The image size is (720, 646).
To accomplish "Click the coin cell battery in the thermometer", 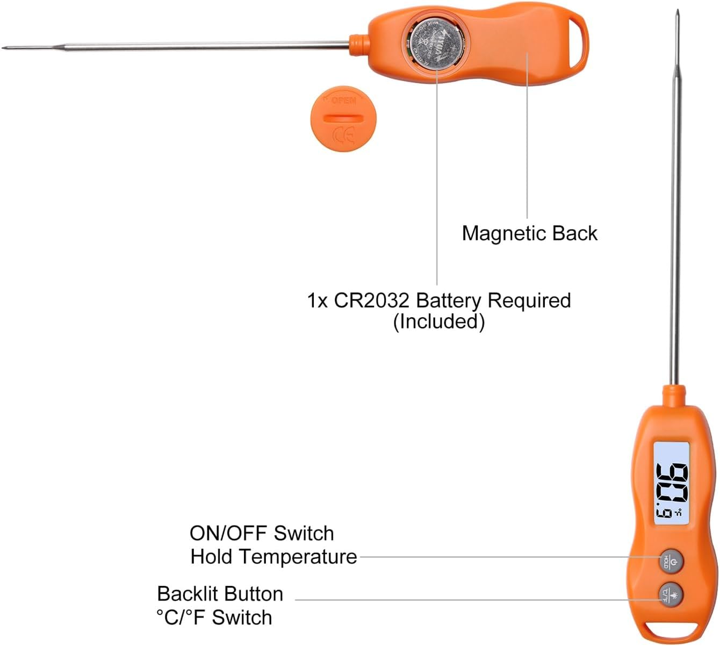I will coord(436,43).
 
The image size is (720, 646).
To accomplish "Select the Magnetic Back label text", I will coord(529,233).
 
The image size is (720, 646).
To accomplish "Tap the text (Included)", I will coord(438,321).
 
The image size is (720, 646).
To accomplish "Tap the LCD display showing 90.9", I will coord(672,483).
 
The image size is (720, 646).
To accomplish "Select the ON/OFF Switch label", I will coord(262,533).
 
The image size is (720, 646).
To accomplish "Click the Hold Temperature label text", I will coord(273,557).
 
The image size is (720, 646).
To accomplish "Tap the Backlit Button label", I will coord(220,594).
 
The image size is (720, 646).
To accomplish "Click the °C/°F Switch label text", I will coord(214,618).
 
